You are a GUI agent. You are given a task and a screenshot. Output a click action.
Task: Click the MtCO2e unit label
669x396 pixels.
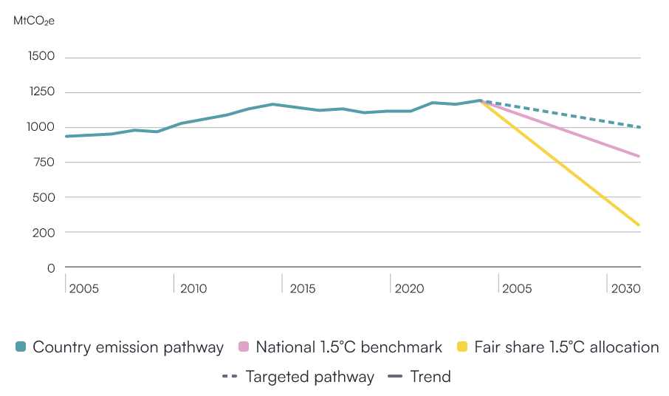tap(34, 21)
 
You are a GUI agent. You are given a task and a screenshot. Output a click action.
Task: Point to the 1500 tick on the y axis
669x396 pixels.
tap(41, 58)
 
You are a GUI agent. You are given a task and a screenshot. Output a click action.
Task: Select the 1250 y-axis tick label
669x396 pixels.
tap(41, 92)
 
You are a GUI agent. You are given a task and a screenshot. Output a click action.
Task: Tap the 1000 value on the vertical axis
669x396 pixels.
tap(41, 127)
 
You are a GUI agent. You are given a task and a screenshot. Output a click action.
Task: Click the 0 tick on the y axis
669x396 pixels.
tap(51, 267)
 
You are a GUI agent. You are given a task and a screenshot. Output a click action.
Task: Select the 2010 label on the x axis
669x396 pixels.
tap(193, 288)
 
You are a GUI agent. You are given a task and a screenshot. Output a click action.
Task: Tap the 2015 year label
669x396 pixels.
tap(303, 288)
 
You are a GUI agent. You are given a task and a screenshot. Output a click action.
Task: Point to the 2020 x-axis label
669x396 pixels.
tap(410, 288)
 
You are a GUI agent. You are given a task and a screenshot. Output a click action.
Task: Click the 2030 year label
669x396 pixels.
tap(626, 288)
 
